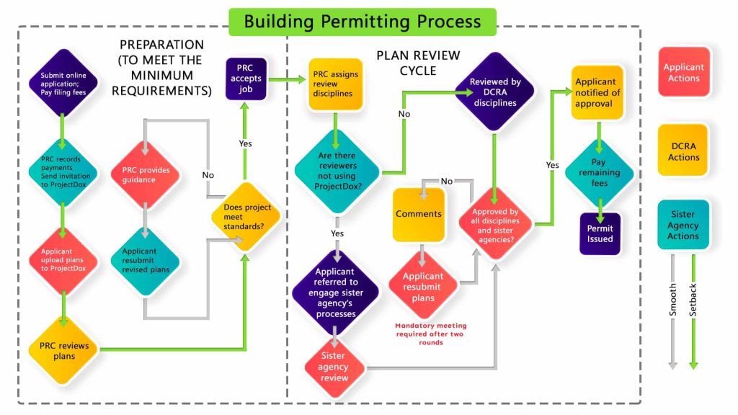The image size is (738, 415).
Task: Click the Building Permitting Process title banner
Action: pyautogui.click(x=363, y=21)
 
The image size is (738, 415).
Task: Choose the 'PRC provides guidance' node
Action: pyautogui.click(x=144, y=175)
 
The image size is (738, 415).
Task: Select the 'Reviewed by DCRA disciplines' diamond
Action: pyautogui.click(x=495, y=92)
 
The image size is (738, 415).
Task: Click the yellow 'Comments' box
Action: pyautogui.click(x=419, y=214)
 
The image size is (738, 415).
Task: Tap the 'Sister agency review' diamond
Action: pyautogui.click(x=334, y=367)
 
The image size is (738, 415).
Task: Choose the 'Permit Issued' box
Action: pyautogui.click(x=600, y=233)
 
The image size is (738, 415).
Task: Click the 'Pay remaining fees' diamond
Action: pyautogui.click(x=599, y=173)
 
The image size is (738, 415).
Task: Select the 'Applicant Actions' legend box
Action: pyautogui.click(x=683, y=73)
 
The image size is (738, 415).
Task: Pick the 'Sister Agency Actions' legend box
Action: pyautogui.click(x=683, y=225)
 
